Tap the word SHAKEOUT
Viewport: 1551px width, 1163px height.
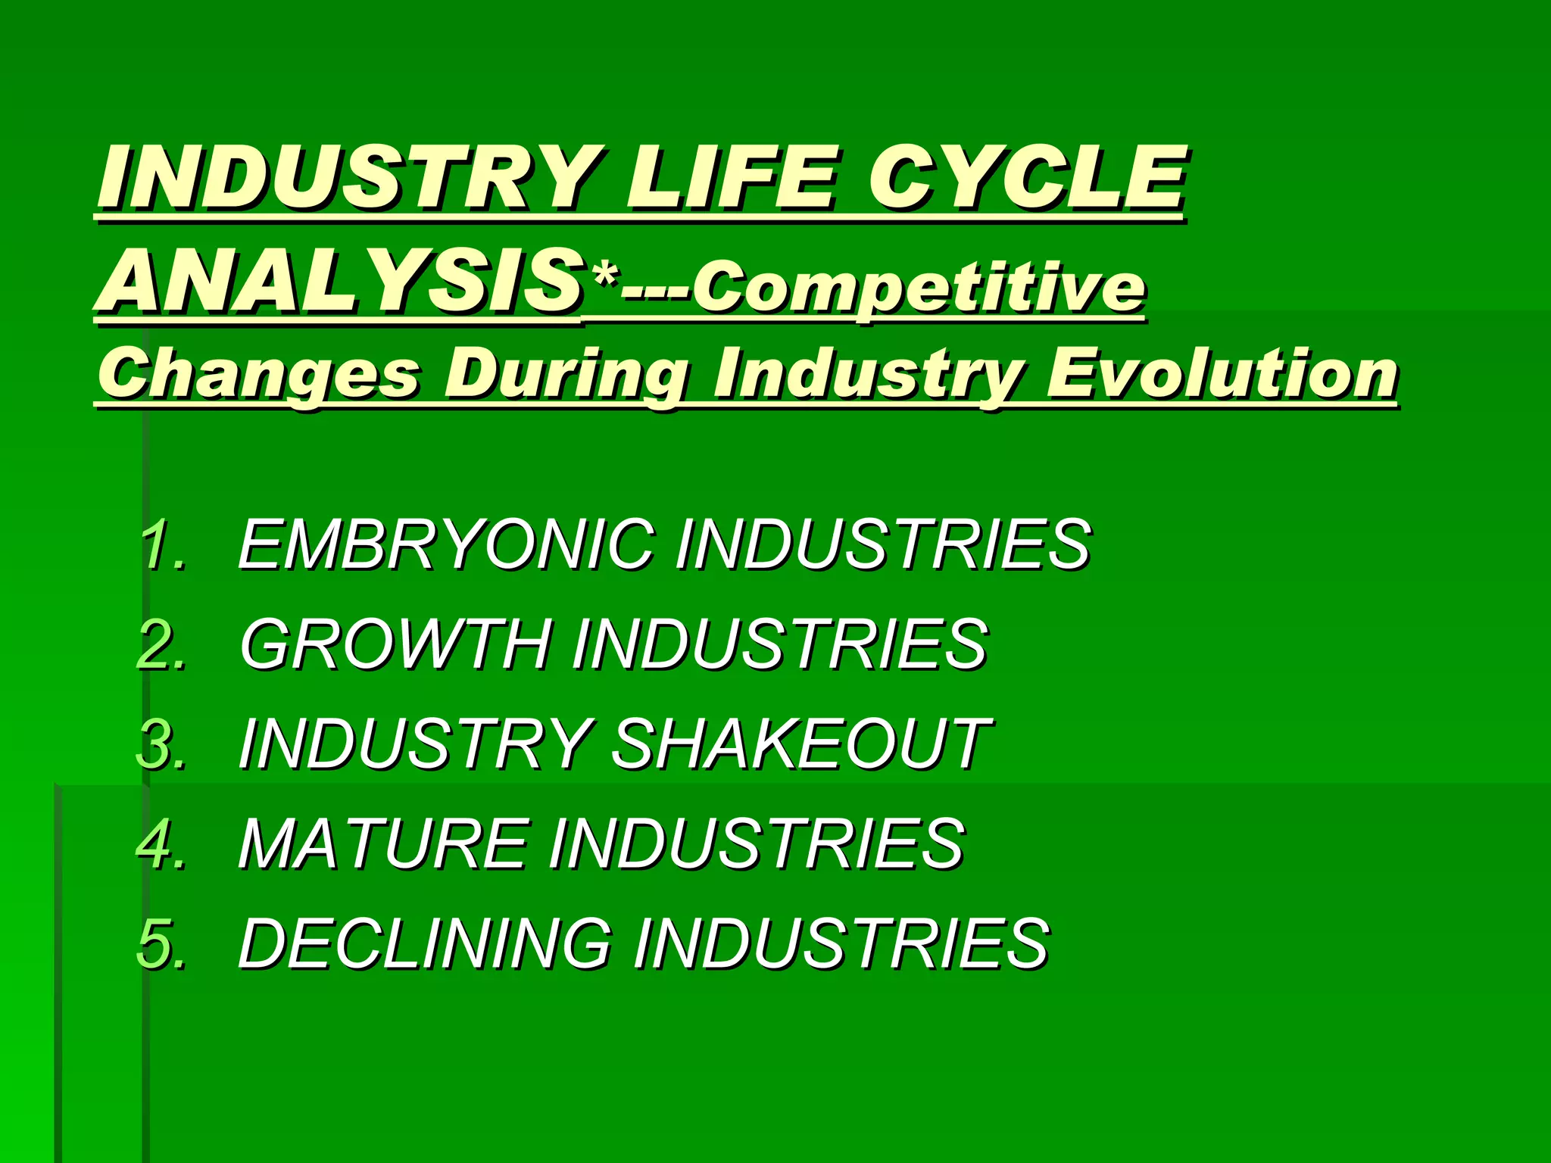(x=800, y=744)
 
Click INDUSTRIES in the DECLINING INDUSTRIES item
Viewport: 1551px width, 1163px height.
(x=841, y=943)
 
